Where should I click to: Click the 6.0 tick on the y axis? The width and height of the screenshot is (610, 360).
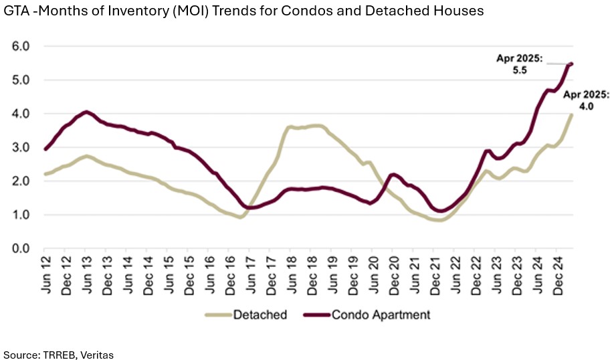pyautogui.click(x=21, y=46)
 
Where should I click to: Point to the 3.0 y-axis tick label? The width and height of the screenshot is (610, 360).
pyautogui.click(x=21, y=147)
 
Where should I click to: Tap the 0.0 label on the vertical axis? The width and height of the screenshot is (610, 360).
pyautogui.click(x=21, y=248)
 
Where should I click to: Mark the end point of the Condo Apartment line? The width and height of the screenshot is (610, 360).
pyautogui.click(x=571, y=64)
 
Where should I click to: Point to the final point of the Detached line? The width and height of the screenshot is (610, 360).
pyautogui.click(x=571, y=114)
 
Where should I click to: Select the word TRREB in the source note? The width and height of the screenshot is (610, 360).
pyautogui.click(x=58, y=353)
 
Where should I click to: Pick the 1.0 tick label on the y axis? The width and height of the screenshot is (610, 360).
pyautogui.click(x=21, y=215)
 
